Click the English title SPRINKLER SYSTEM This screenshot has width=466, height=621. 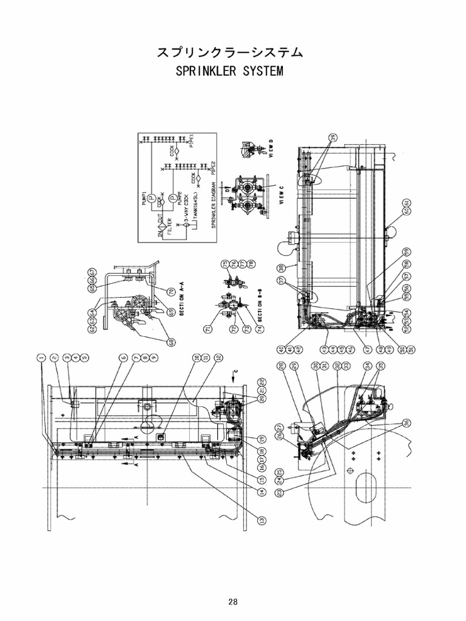pyautogui.click(x=229, y=72)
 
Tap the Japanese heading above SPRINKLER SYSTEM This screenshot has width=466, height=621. pyautogui.click(x=229, y=52)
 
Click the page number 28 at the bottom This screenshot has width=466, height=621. pyautogui.click(x=233, y=602)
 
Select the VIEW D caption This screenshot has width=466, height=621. pyautogui.click(x=272, y=147)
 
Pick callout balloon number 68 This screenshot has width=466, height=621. pyautogui.click(x=172, y=343)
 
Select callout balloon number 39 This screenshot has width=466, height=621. pyautogui.click(x=332, y=137)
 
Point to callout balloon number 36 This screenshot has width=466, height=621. pyautogui.click(x=406, y=423)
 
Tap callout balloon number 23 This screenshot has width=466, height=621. pyautogui.click(x=280, y=494)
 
